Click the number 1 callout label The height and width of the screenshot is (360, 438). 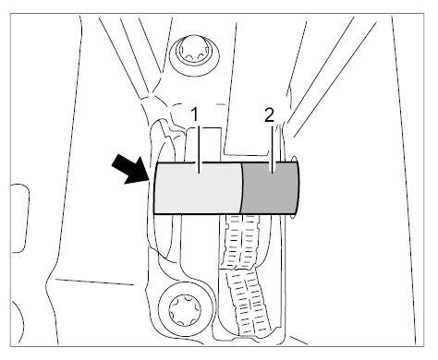point(195,114)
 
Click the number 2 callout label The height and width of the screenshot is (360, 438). point(269,115)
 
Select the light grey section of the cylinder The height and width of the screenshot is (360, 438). point(197,187)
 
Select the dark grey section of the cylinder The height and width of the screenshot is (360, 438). point(270,188)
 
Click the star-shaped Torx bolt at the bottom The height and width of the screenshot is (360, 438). point(185,310)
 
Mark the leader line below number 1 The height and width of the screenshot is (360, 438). point(200,150)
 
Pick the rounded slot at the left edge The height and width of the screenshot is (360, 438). point(21,218)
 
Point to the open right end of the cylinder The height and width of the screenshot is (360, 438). point(296,188)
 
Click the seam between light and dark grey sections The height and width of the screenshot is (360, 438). point(241,188)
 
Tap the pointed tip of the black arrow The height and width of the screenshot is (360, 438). point(150,180)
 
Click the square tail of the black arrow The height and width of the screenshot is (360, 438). point(117,162)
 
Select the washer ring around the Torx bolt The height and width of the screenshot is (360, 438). point(159,310)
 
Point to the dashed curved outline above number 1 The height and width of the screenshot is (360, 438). point(197,104)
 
